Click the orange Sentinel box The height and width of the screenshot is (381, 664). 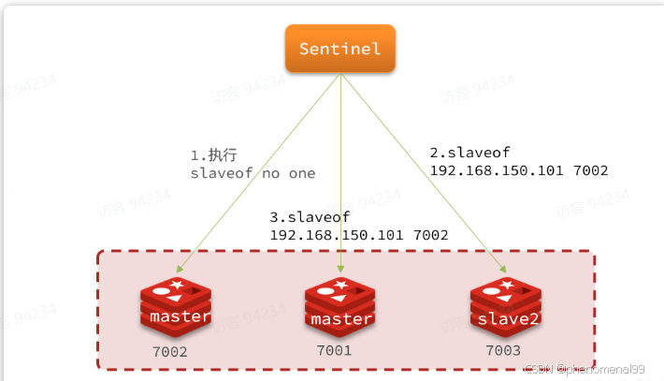click(340, 48)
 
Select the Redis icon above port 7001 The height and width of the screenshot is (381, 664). click(339, 308)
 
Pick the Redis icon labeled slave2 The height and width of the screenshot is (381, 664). click(505, 308)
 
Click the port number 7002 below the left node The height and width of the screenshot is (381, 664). click(170, 353)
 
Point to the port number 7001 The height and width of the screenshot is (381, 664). click(333, 351)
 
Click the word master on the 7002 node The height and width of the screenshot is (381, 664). click(180, 316)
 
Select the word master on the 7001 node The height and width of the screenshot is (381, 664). click(341, 319)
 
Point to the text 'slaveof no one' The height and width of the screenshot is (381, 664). click(253, 173)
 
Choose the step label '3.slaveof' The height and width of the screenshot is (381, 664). click(309, 216)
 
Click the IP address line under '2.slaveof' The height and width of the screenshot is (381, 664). click(519, 170)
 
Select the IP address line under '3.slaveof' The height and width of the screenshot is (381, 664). click(359, 235)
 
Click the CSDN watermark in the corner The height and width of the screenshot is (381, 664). click(585, 370)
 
